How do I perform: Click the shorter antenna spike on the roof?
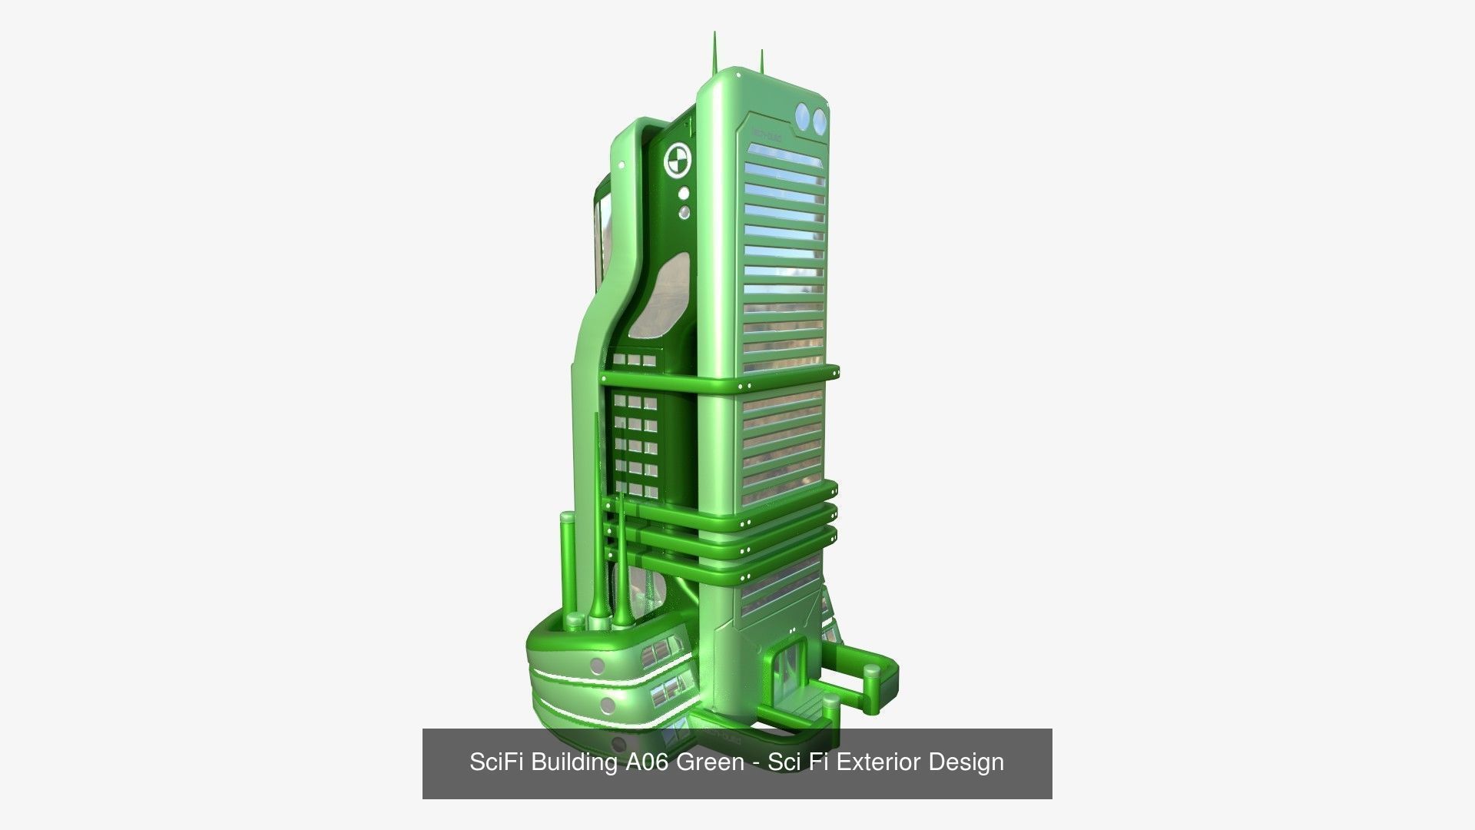pyautogui.click(x=761, y=60)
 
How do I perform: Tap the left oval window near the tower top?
pyautogui.click(x=804, y=118)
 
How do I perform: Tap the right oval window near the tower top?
pyautogui.click(x=820, y=119)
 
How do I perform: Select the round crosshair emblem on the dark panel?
pyautogui.click(x=678, y=160)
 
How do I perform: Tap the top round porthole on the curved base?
pyautogui.click(x=596, y=666)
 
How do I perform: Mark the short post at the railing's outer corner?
pyautogui.click(x=873, y=675)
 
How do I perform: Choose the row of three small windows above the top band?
pyautogui.click(x=635, y=360)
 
